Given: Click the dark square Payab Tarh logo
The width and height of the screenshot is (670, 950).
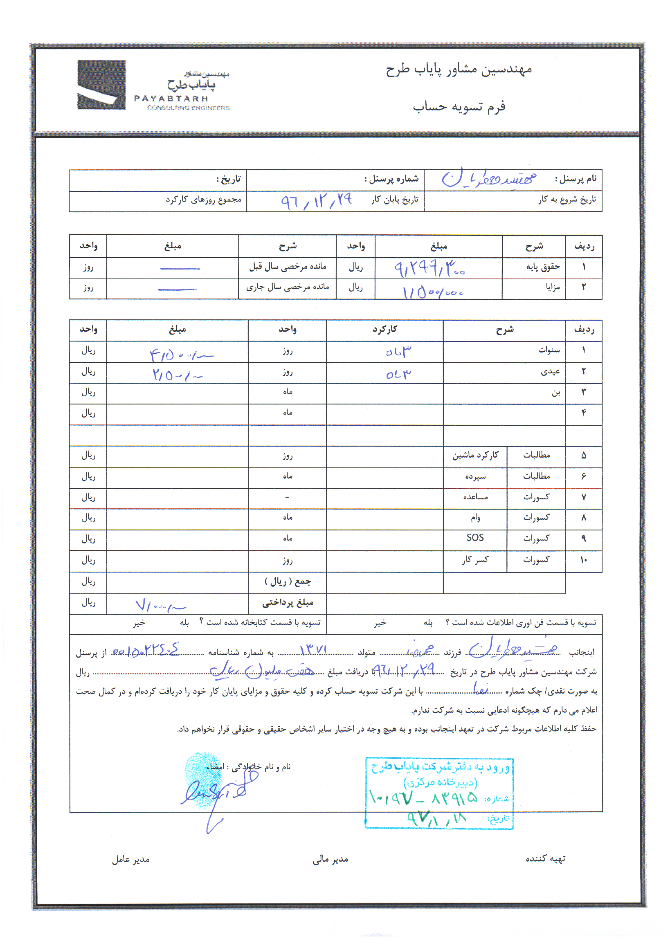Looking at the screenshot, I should point(101,85).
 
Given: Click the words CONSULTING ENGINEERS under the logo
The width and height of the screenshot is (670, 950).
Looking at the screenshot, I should point(188,108).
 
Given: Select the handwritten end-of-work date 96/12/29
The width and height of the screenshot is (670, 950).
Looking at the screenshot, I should point(317,201).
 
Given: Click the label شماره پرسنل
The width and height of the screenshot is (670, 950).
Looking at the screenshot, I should point(391,179).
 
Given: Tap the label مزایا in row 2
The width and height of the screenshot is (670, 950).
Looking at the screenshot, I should point(553,287).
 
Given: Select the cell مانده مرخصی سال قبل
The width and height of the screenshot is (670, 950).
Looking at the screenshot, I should point(288,267).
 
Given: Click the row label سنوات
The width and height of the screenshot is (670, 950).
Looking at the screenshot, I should point(549,350).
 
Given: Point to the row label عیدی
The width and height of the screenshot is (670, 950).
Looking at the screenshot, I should point(550,371).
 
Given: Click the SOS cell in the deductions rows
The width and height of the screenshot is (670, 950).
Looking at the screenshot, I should point(474,537).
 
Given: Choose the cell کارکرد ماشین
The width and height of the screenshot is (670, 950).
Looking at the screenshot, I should point(475,455).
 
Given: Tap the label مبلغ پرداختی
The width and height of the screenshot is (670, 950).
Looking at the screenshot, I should point(288,602).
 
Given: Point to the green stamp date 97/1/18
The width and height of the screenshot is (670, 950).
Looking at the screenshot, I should point(436,818).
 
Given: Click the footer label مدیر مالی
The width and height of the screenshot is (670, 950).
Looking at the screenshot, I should point(330,860).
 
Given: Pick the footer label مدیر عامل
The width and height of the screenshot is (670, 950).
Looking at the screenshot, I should point(130,860).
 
